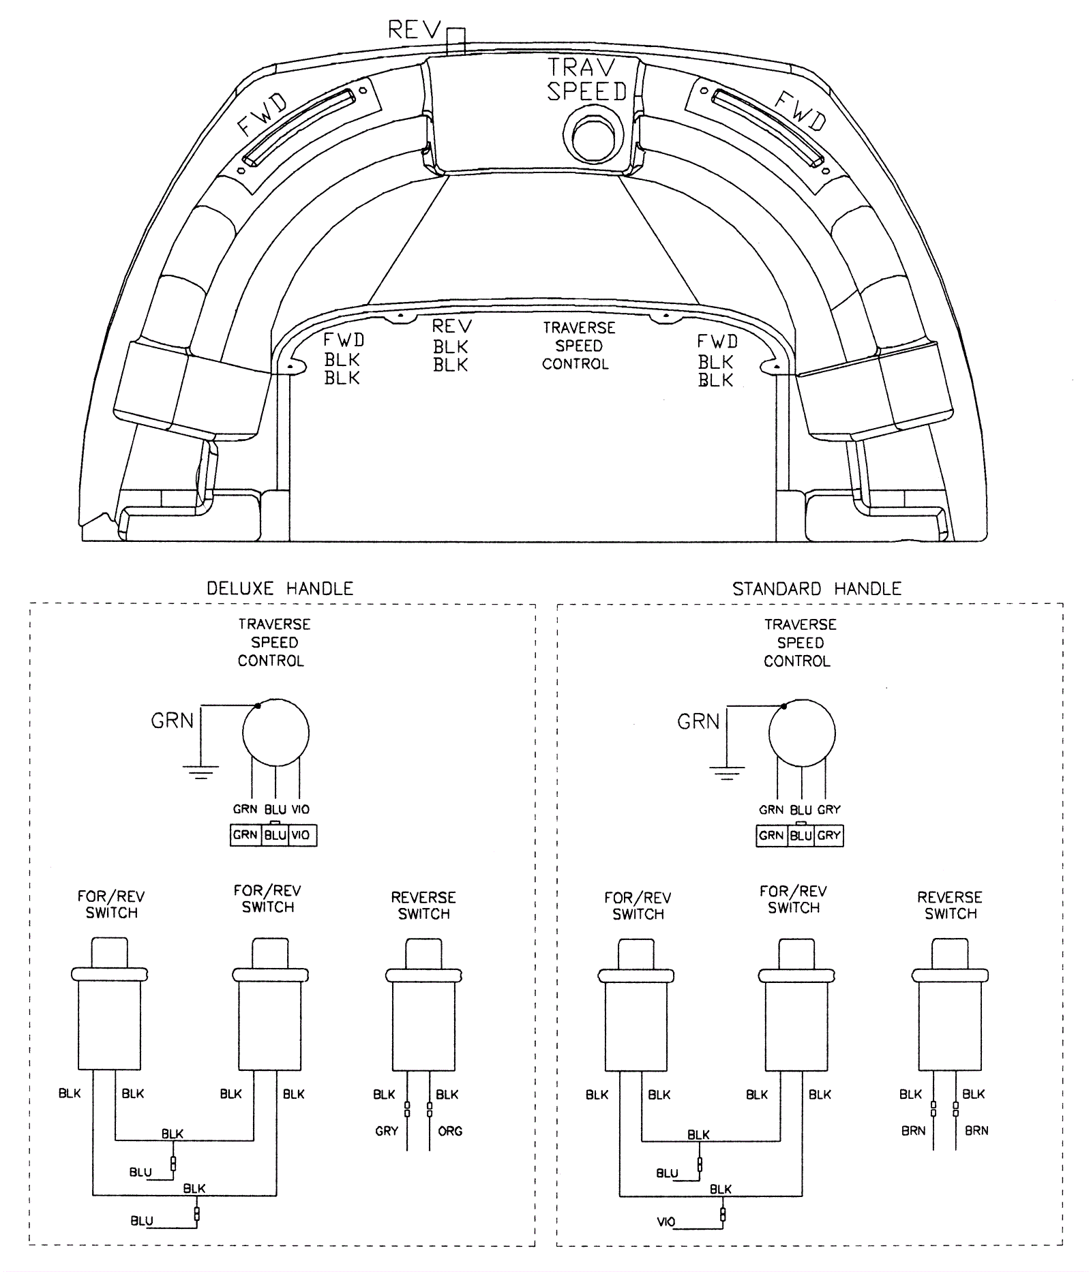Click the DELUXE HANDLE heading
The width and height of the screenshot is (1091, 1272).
click(x=280, y=588)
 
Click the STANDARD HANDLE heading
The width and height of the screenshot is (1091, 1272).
click(x=817, y=588)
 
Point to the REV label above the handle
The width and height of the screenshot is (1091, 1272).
click(x=413, y=30)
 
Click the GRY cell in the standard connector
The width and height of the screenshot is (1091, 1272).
click(x=828, y=836)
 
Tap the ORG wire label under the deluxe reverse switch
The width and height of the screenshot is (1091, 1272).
click(x=450, y=1131)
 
